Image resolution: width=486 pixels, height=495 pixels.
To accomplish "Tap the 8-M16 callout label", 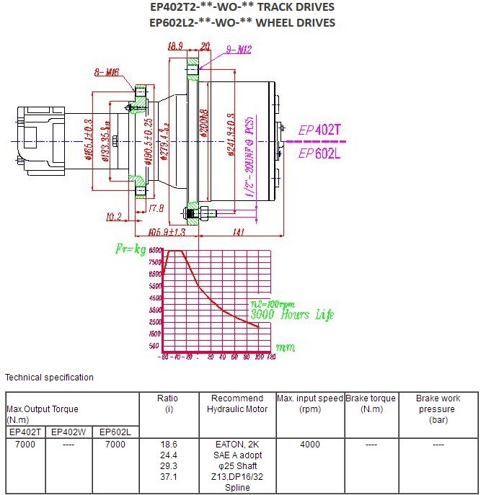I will coord(106,72).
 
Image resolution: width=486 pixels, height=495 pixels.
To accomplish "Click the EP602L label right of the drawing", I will coord(318,153).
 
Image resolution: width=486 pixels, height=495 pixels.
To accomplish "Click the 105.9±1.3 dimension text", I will coord(167,233).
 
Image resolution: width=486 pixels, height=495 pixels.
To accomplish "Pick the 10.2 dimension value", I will coord(112,215).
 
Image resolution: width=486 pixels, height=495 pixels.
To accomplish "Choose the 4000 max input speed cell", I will coord(309,445).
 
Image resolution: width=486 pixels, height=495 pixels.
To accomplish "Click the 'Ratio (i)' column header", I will coord(167,403).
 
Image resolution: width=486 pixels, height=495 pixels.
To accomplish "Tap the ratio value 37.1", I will coord(167,477).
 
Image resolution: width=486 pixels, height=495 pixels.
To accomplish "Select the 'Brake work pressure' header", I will coord(438,409).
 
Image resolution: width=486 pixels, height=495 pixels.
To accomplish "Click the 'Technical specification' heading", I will coord(49,378).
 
